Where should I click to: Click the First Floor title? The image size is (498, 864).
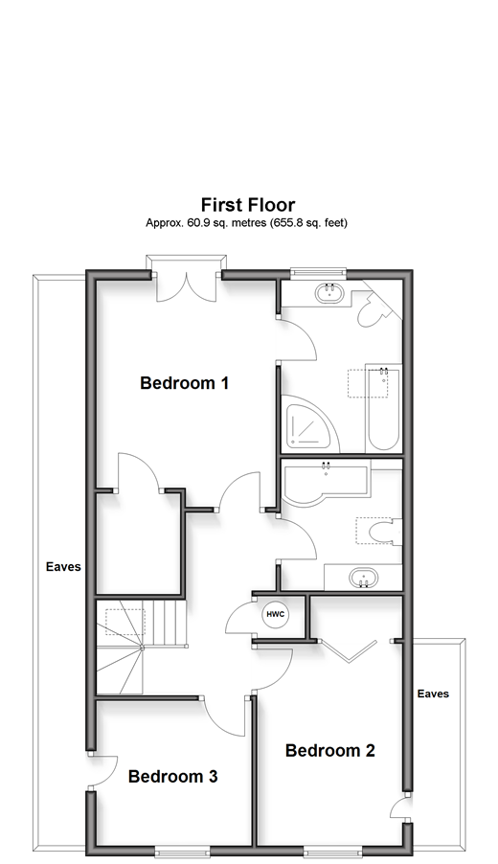point(248,205)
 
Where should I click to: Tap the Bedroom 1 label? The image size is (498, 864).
point(184,382)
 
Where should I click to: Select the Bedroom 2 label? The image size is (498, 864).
point(330,750)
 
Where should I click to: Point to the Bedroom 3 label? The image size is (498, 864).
point(173,777)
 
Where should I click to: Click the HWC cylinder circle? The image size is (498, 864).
point(276,614)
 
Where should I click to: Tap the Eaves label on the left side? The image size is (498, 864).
point(63,566)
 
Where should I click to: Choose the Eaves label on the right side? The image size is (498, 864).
point(433,693)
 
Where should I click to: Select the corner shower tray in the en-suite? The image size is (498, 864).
point(309,422)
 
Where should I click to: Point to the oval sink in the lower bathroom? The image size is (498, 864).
point(363,579)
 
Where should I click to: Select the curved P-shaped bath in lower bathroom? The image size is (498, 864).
point(325,483)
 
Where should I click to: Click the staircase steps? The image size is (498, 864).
point(142,647)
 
